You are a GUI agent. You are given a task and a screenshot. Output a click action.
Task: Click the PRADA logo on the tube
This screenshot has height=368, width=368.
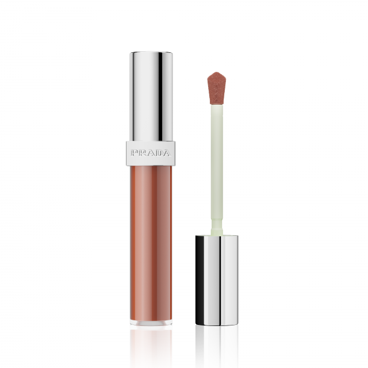click(151, 153)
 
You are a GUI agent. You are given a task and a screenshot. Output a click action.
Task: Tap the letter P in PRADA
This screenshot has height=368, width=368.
click(135, 153)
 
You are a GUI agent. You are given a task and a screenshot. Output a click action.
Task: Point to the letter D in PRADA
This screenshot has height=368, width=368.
click(159, 153)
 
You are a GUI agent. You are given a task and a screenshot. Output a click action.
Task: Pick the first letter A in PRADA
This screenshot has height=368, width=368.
click(151, 153)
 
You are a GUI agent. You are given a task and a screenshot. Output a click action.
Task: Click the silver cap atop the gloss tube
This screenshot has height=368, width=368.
click(151, 96)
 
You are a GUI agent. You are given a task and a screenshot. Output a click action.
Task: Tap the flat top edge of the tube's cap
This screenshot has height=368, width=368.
click(151, 52)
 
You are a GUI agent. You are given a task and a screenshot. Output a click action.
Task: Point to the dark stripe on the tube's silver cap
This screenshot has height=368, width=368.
click(160, 97)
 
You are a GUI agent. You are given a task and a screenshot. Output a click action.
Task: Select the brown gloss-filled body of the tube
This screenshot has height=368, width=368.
click(151, 243)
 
